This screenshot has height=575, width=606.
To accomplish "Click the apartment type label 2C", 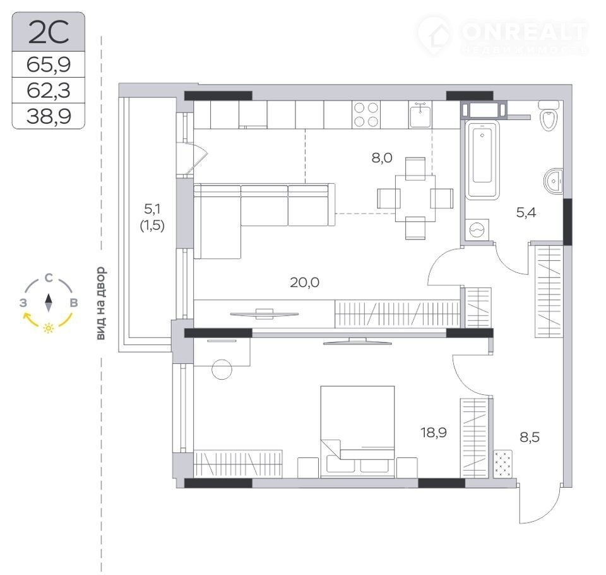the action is pos(49,32).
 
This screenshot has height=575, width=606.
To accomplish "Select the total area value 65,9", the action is pos(49,64).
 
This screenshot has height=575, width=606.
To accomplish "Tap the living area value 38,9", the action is pos(49,116).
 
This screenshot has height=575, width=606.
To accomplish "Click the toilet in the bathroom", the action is pos(549,115).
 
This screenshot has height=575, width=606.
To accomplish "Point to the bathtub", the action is pos(482,160).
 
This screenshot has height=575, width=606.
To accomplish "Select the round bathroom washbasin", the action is pos(554,181).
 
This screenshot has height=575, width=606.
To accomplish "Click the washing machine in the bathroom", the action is pos(477,230).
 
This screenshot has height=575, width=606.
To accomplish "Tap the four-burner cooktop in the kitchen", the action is pos(365,114).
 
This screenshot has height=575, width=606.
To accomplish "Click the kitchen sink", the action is pos(420,114).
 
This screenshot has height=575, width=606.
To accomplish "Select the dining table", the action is pos(415,198).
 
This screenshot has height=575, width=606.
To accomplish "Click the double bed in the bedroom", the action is pos(357,432).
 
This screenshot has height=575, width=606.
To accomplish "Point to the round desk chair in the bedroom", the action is pos(222,369).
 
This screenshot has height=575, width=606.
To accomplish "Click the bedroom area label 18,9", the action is pos(434,432).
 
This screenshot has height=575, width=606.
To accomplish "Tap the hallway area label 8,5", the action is pos(530,437).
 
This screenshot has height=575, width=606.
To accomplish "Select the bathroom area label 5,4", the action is pos(526,212).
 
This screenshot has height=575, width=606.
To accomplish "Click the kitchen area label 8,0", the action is pos(382,158).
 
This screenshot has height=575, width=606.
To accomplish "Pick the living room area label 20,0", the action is pos(304,282).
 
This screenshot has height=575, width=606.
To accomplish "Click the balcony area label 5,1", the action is pos(152,209).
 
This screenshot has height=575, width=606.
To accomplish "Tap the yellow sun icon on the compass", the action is pos(49,328).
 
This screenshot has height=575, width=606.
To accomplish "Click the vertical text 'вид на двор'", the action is pos(100,304).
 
